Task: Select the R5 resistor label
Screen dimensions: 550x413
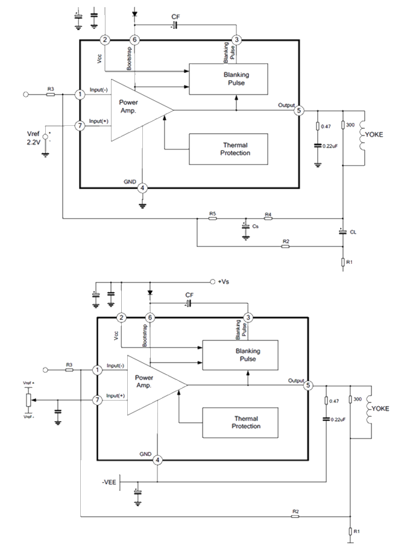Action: [212, 214]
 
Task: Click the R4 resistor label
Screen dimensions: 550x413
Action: [268, 214]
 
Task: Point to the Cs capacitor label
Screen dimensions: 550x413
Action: [256, 227]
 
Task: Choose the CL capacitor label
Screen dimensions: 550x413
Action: [353, 231]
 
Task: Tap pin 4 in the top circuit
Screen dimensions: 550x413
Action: [142, 187]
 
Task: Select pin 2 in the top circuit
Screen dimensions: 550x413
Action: [105, 40]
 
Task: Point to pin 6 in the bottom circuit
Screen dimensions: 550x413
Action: [151, 317]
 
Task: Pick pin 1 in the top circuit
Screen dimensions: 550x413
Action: [80, 95]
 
